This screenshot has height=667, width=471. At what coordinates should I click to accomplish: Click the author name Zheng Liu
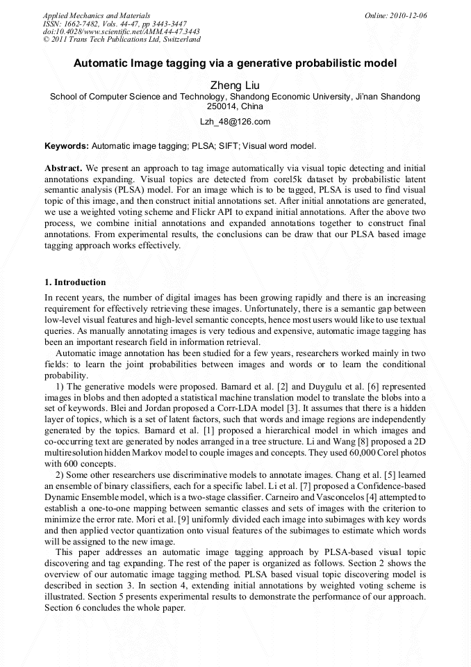[235, 86]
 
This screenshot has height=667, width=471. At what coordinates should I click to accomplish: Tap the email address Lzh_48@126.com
[235, 122]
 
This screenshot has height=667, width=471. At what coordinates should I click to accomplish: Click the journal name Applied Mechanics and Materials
[97, 15]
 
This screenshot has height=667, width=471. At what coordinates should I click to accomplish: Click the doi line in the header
[121, 31]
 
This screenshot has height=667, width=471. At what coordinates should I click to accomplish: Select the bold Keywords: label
[67, 147]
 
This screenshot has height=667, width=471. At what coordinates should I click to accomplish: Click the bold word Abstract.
[63, 168]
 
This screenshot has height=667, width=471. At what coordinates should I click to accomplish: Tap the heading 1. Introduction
[75, 282]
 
